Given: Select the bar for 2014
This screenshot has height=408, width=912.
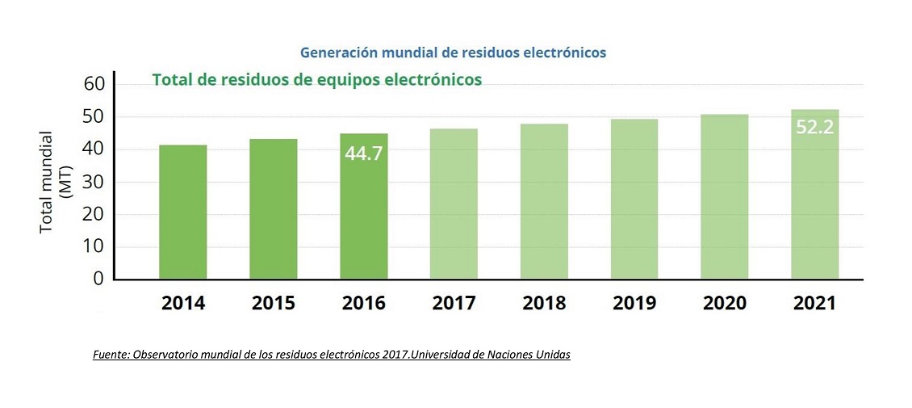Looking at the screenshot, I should pos(182,212).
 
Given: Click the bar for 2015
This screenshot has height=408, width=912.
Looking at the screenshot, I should pos(273,208).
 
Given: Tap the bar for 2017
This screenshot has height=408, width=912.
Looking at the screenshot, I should pos(454,204).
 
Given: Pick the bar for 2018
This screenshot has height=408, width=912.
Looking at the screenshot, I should pos(544,201).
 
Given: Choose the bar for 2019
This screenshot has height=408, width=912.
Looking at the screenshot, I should pos(634,199).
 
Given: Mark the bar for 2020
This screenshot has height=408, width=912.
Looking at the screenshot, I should pos(724,196).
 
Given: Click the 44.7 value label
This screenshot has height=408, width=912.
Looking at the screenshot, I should pos(363,153).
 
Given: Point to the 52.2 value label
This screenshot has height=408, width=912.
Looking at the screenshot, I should pos(814,126).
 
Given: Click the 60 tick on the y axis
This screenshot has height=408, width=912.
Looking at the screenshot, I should pos(94,84).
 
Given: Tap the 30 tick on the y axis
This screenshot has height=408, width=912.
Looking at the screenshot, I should pos(94,182).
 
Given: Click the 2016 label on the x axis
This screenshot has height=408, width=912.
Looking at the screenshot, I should pos(363,304).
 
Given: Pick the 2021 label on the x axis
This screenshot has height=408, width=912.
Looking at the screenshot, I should pos(814,304).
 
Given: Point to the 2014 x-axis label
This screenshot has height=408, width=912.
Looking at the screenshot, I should pos(182,304).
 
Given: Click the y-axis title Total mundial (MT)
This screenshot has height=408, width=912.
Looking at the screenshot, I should pos(52,182).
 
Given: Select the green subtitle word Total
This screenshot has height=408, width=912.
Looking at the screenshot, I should pos(171,79).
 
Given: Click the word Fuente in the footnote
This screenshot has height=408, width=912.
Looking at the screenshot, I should pos(112,355).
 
